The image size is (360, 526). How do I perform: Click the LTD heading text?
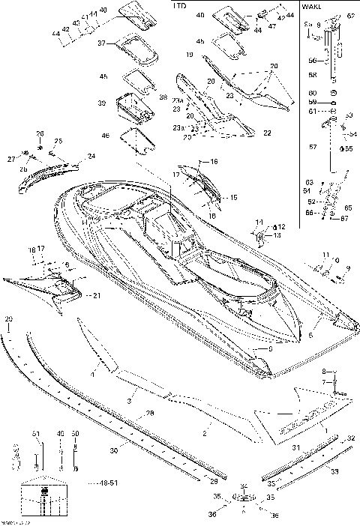pyautogui.click(x=179, y=5)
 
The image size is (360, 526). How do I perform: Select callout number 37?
pyautogui.click(x=102, y=44)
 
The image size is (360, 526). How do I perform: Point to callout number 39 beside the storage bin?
pyautogui.click(x=102, y=102)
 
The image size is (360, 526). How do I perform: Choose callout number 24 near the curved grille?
pyautogui.click(x=91, y=156)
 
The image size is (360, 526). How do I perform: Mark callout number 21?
pyautogui.click(x=97, y=296)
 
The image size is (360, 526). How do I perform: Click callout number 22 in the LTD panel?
pyautogui.click(x=267, y=133)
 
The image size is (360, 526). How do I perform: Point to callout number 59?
pyautogui.click(x=312, y=101)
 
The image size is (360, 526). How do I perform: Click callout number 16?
pyautogui.click(x=214, y=162)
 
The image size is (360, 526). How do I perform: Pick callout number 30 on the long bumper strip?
pyautogui.click(x=114, y=451)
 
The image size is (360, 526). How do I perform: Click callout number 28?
pyautogui.click(x=149, y=414)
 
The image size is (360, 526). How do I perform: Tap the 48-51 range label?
pyautogui.click(x=109, y=483)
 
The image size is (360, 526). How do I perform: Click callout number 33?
pyautogui.click(x=334, y=471)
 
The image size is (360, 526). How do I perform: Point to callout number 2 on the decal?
pyautogui.click(x=203, y=434)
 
